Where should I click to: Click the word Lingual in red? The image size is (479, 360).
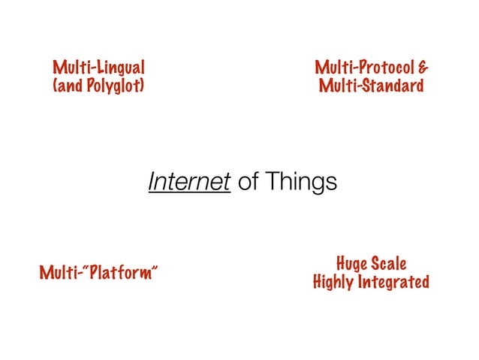pos(118,65)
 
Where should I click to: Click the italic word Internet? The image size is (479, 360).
pos(188,182)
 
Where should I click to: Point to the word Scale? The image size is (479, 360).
pos(389,264)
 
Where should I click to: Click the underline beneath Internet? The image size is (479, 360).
pos(188,192)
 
